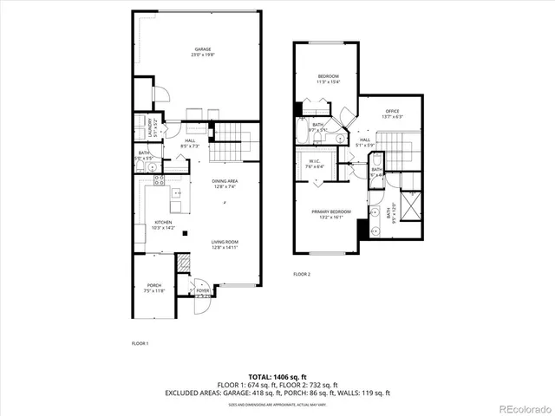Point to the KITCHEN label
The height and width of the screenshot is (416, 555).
coord(163,223)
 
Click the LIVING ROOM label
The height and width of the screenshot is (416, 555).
coord(224,242)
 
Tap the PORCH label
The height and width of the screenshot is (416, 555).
coord(153,285)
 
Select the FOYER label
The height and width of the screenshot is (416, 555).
coord(202,291)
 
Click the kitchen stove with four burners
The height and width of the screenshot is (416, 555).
coord(159,181)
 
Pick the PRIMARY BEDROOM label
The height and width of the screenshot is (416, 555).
coord(333,211)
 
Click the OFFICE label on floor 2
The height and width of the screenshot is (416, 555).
coord(391,110)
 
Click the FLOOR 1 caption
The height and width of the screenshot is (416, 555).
coord(140,343)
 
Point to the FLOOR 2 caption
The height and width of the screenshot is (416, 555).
coord(301,274)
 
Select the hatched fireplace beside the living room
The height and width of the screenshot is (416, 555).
coord(183,263)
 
